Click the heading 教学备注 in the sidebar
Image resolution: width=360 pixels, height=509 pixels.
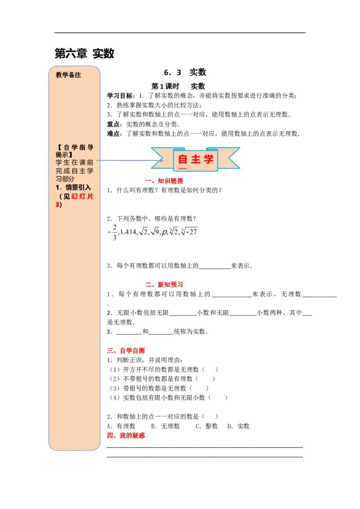[x=68, y=75]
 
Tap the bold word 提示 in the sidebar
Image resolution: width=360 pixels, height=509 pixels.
[x=62, y=154]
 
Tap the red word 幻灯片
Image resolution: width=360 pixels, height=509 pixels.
[x=82, y=196]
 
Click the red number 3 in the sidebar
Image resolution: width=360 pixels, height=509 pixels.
[x=57, y=205]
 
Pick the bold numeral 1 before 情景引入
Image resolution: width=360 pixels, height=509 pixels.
[x=57, y=188]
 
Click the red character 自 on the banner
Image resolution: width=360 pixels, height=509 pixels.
[x=183, y=160]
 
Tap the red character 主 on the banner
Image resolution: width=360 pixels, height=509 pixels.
[x=196, y=160]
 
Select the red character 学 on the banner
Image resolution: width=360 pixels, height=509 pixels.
[x=209, y=160]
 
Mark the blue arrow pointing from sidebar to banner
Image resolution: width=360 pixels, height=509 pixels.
[x=130, y=160]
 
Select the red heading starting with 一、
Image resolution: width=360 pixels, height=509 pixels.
[x=164, y=181]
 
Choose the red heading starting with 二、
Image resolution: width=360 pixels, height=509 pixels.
[x=164, y=284]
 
